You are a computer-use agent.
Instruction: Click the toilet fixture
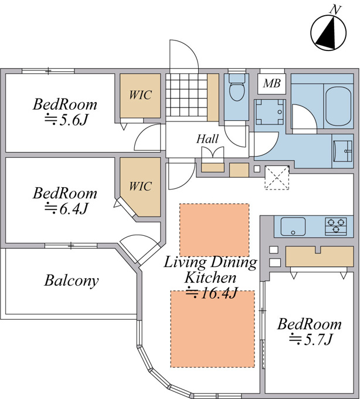[x=237, y=87]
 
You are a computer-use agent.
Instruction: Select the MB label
[x=272, y=83]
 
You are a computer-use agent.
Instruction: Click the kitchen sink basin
[x=293, y=226]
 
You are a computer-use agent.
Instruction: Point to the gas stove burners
[x=336, y=226]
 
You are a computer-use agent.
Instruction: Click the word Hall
[x=207, y=139]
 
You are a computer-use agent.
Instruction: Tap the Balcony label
[x=72, y=280]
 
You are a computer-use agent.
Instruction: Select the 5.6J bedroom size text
[x=66, y=120]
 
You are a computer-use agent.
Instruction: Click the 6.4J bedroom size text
[x=66, y=208]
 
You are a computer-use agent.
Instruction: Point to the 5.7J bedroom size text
[x=310, y=340]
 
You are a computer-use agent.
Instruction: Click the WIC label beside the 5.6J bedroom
[x=140, y=94]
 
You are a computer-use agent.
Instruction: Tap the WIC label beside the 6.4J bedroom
[x=140, y=186]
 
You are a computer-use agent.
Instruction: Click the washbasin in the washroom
[x=342, y=151]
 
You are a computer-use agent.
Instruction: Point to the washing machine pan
[x=269, y=112]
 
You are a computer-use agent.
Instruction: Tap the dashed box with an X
[x=277, y=177]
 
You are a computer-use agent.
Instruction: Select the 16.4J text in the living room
[x=212, y=293]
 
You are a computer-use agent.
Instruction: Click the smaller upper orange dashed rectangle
[x=215, y=230]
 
